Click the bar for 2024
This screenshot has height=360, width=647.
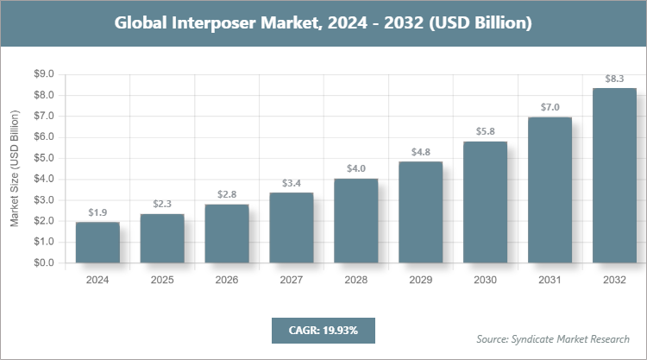point(97,243)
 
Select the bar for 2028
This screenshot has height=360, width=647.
point(356,221)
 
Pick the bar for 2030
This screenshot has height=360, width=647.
point(486,202)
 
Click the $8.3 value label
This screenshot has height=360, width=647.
point(614,79)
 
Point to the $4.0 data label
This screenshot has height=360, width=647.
point(356,168)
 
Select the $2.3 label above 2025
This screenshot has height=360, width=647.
point(162,204)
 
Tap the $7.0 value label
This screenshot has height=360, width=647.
point(550,107)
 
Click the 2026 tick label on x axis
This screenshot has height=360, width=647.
point(227,280)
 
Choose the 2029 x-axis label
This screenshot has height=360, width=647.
point(421,280)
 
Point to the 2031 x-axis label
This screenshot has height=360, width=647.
point(550,280)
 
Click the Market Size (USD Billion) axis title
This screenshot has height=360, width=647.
point(15,168)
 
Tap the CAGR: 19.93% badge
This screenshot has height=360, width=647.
point(323,330)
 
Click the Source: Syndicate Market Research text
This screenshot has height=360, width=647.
point(553,338)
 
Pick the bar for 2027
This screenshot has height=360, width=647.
point(292,228)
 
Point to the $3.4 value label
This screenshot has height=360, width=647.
point(292,182)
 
